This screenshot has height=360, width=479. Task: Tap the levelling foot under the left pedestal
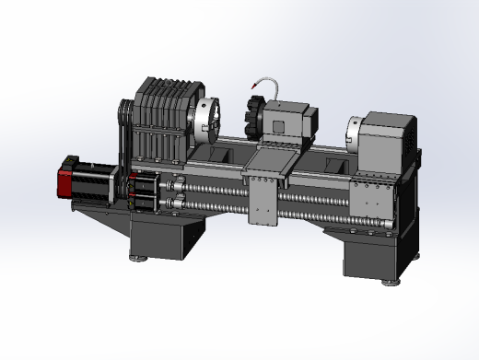pos(139,259)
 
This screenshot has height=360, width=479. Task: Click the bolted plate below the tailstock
pos(374,197)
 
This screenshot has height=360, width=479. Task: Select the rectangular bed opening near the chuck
pos(224,153)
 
